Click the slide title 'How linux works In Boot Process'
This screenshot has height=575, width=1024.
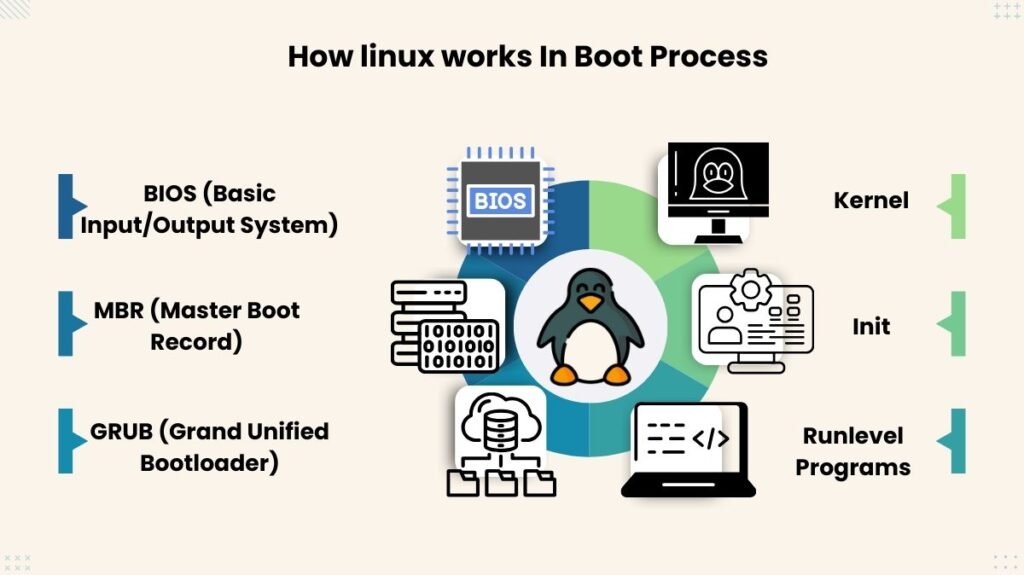pos(527,55)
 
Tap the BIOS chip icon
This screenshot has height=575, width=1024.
pos(499,201)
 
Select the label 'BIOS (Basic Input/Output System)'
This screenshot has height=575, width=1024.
pos(208,209)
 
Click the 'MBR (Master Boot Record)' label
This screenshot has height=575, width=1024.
pos(197,325)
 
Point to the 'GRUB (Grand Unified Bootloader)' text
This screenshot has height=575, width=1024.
pos(209,446)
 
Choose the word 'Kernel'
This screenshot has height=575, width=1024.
pos(871,200)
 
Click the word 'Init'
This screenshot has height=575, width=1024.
pos(871,326)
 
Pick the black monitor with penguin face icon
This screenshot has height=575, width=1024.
pos(713,193)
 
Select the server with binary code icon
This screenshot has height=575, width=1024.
pos(445,325)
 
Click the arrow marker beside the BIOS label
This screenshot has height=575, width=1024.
pos(68,206)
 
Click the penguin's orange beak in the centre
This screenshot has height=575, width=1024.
pos(590,303)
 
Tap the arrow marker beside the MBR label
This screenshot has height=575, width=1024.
pos(68,323)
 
